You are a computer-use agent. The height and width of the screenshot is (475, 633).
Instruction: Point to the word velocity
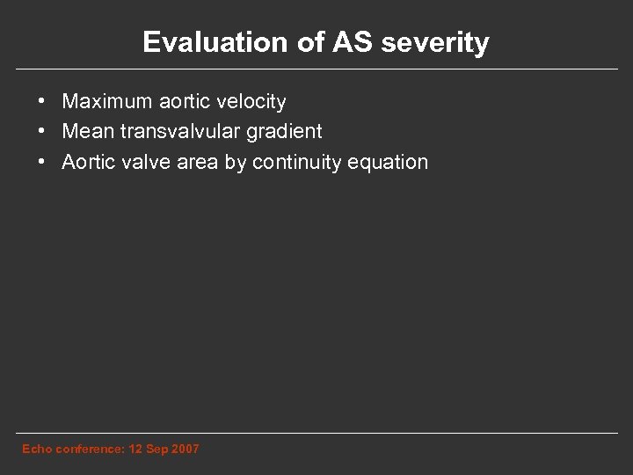(x=251, y=102)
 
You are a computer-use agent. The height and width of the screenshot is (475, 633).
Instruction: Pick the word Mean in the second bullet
(x=84, y=132)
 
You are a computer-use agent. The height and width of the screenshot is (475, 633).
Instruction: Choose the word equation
(x=387, y=163)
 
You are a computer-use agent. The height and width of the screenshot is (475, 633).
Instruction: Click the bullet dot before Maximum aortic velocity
(x=41, y=103)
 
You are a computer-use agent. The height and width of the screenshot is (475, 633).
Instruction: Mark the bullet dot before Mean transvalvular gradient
(x=41, y=133)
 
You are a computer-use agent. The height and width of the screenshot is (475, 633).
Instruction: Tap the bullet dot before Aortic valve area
(x=41, y=163)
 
